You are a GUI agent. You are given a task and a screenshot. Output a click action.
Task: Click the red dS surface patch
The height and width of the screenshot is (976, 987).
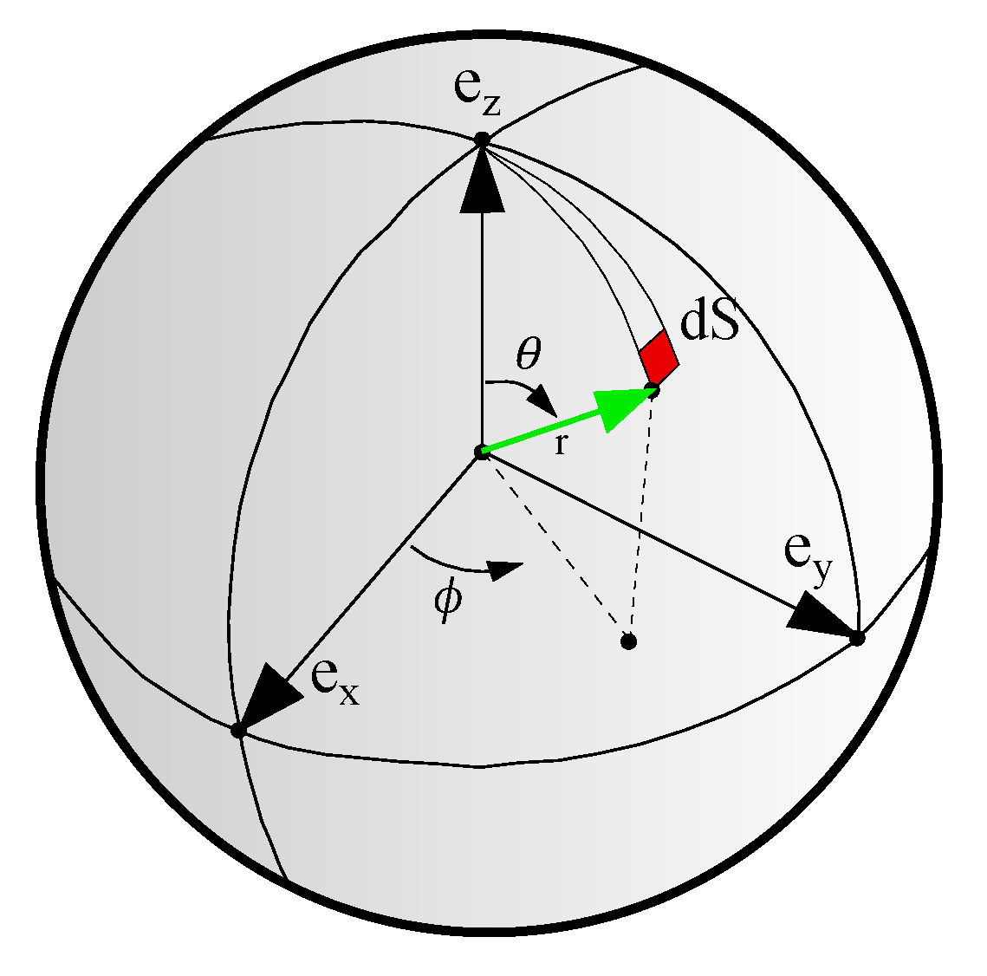pos(659,356)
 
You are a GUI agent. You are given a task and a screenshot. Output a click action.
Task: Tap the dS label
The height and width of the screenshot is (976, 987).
pos(710,322)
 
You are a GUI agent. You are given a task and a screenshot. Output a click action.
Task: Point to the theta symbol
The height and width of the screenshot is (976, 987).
pos(529,354)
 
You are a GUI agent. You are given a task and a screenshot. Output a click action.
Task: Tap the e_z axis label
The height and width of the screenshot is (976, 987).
pos(477,94)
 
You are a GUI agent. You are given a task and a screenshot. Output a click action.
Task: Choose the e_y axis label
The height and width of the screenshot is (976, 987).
pos(808,557)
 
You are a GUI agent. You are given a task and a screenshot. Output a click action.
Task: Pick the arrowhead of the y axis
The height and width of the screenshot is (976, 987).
pos(821,614)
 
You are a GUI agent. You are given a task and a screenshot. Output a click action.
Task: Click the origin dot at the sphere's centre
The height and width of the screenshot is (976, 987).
pos(482,452)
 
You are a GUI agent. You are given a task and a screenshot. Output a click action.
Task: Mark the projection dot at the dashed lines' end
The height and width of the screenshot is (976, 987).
pos(628,641)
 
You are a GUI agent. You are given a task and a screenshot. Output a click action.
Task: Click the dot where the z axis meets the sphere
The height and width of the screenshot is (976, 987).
pos(482,140)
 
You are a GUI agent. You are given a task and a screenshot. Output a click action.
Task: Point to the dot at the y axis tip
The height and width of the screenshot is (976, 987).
pos(857,639)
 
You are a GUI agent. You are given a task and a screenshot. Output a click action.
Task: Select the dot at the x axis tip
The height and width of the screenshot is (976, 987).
pos(237,731)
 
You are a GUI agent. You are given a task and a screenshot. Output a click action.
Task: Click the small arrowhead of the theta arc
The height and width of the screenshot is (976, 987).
pos(543,402)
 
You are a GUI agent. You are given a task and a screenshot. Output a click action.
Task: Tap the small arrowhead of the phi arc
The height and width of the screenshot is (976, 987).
pos(507,570)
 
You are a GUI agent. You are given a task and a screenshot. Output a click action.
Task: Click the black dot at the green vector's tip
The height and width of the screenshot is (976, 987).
pos(653,390)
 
